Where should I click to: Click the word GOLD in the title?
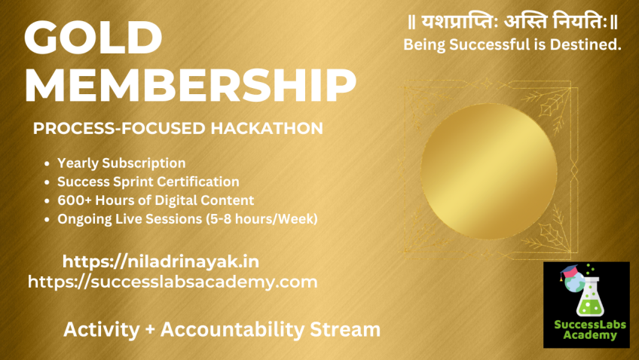(93, 37)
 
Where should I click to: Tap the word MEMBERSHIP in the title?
(191, 85)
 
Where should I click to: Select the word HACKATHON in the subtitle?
(267, 128)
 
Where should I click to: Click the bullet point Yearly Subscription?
(121, 163)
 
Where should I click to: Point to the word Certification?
(199, 182)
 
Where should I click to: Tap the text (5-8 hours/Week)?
(261, 219)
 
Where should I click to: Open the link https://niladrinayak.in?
(161, 261)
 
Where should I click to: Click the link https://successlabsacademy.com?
(173, 282)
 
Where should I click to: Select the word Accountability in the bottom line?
(232, 329)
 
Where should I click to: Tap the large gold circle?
(488, 172)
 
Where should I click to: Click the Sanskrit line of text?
(513, 22)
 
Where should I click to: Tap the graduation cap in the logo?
(569, 271)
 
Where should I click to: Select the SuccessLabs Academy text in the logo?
(590, 330)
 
